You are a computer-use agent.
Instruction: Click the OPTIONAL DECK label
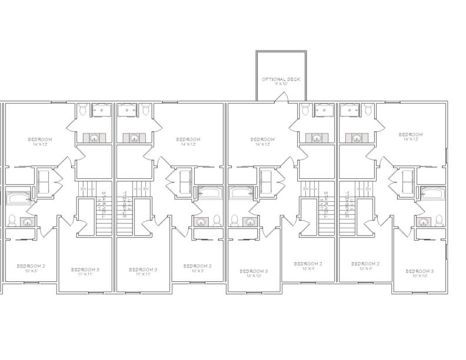point(281,79)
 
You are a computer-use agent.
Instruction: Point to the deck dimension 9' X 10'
point(281,84)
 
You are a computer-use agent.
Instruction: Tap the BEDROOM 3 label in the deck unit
point(254,272)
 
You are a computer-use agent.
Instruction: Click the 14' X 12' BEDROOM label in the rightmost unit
point(411,135)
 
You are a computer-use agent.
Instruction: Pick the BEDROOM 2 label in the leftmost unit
point(31,266)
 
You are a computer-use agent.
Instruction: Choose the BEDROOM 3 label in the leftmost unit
point(85,270)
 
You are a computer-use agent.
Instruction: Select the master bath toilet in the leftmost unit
point(83,110)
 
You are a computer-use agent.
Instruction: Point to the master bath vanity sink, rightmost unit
point(357,138)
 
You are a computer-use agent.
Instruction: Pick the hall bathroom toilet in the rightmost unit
point(439,221)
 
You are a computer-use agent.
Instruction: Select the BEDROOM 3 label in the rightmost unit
point(420,272)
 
